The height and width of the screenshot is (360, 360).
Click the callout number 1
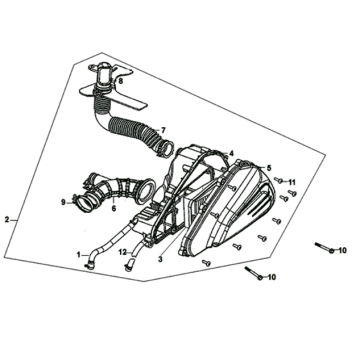(x=79, y=255)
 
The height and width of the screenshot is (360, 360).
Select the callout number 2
(x=7, y=220)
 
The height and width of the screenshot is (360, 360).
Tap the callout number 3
(x=160, y=259)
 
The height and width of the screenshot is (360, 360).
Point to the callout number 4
(x=231, y=154)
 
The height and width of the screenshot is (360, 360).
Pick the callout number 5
(x=269, y=168)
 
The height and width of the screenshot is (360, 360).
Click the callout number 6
(x=114, y=208)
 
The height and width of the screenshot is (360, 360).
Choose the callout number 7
(x=163, y=130)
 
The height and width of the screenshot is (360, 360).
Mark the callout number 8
(x=120, y=81)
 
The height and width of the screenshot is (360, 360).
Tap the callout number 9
(x=63, y=202)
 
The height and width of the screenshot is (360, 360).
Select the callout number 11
(x=292, y=182)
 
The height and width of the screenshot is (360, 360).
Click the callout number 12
(x=123, y=252)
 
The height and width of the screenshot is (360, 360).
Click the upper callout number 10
(x=342, y=250)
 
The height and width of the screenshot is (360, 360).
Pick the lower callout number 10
(x=272, y=277)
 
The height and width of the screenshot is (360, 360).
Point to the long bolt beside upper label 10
(x=324, y=248)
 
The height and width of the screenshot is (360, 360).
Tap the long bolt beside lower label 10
(x=254, y=273)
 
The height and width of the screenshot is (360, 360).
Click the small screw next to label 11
(x=279, y=180)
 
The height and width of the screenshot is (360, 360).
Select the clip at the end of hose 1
(x=88, y=265)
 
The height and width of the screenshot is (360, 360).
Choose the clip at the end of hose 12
(x=128, y=267)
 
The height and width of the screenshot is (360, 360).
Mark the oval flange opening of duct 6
(x=146, y=191)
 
